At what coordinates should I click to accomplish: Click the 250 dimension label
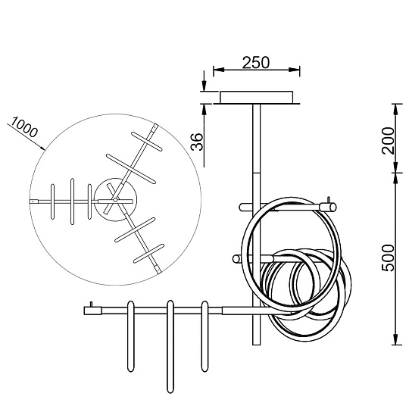coord(256,63)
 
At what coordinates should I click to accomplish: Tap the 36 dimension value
coord(196,142)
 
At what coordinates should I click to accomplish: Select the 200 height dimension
coord(388,140)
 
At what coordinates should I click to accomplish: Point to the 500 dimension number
coord(388,258)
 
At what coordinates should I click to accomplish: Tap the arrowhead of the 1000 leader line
coord(42,148)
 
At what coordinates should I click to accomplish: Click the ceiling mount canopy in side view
coord(256,97)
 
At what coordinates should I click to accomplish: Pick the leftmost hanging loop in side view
coord(130,336)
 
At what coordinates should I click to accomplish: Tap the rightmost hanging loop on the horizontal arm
coord(204,336)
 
